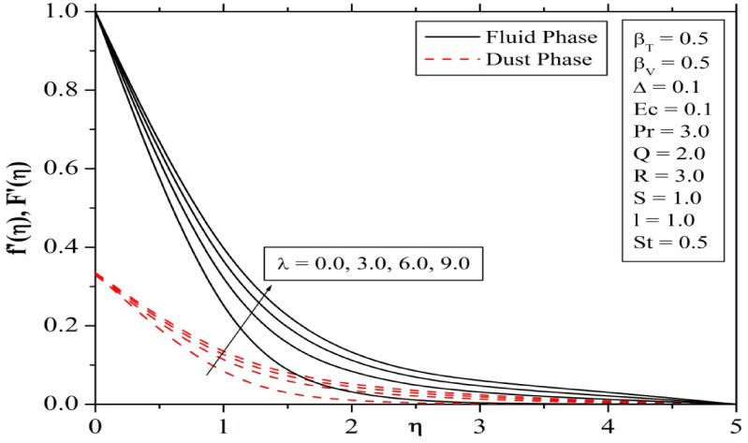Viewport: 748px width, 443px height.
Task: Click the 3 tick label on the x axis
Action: (x=479, y=423)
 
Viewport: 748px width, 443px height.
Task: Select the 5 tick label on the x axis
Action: (x=736, y=423)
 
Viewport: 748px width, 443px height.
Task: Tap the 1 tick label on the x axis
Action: (x=223, y=423)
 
